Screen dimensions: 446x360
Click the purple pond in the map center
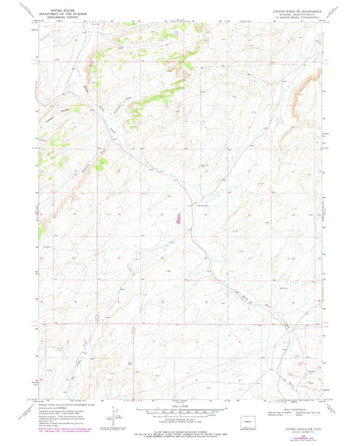tap(178, 218)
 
